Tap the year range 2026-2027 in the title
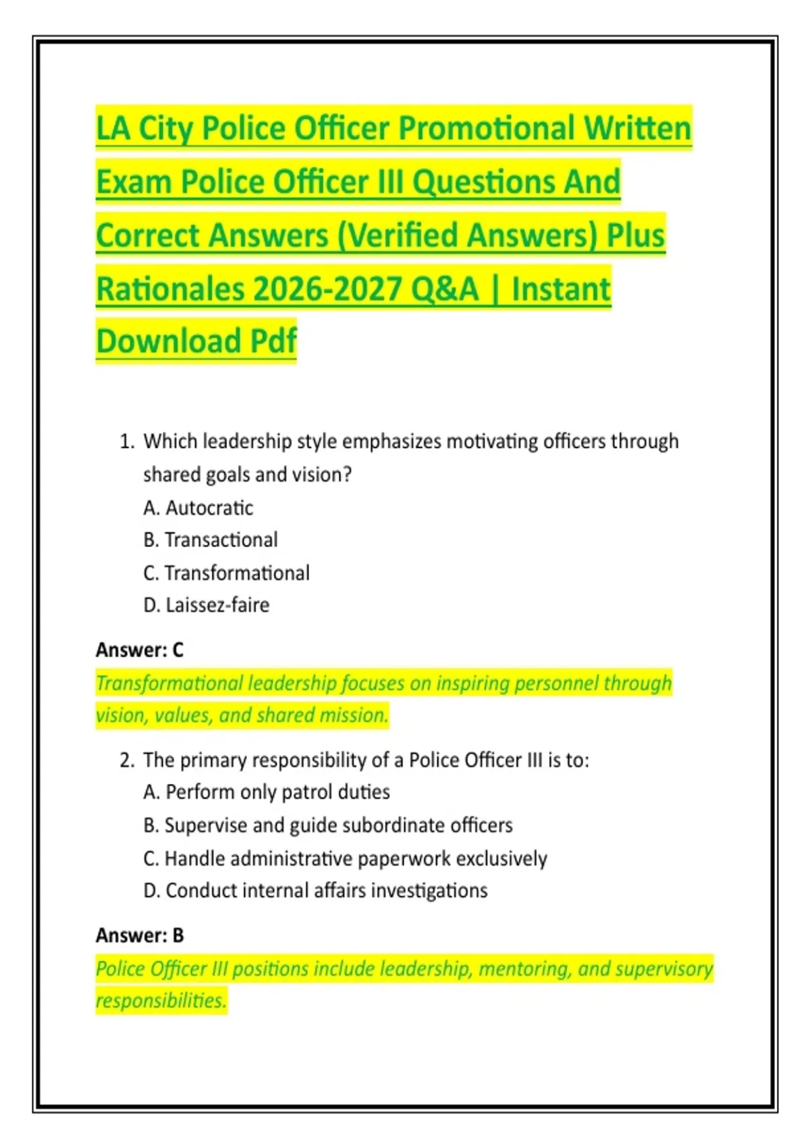tap(327, 289)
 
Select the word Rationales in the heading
tap(170, 289)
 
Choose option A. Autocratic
tap(198, 508)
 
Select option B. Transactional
tap(211, 540)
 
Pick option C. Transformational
tap(227, 573)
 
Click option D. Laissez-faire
tap(207, 605)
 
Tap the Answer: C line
tap(140, 650)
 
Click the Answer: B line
tap(140, 935)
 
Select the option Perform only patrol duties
tap(267, 792)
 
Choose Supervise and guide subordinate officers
tap(328, 825)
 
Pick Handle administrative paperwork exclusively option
tap(345, 858)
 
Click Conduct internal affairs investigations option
tap(315, 891)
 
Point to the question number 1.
tap(126, 442)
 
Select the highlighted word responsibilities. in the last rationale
tap(161, 1000)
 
